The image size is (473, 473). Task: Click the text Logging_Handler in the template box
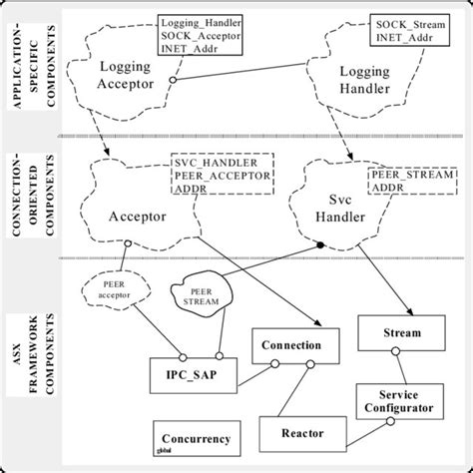pos(201,21)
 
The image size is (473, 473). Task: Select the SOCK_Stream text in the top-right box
pos(409,21)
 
